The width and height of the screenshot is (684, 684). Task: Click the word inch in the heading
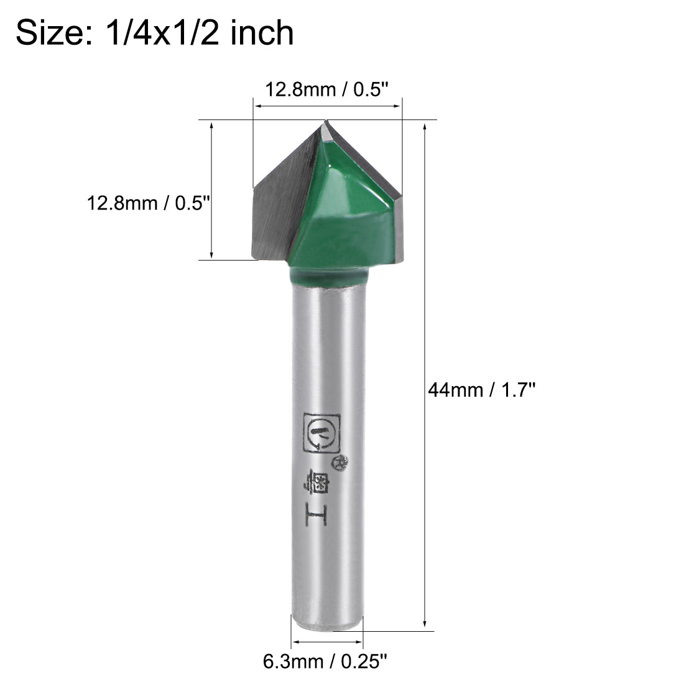click(x=262, y=32)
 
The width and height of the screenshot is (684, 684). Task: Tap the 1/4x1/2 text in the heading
click(x=157, y=32)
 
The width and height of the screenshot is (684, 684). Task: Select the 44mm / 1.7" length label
click(x=481, y=390)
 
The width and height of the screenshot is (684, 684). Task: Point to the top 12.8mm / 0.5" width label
click(x=327, y=90)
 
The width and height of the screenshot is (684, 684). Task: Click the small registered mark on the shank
click(x=341, y=461)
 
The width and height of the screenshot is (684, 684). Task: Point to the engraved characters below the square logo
click(x=318, y=497)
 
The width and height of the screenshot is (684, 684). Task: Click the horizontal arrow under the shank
click(x=327, y=642)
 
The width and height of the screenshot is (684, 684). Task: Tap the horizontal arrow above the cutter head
click(x=327, y=106)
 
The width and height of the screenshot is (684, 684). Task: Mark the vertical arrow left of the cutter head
click(x=212, y=190)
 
